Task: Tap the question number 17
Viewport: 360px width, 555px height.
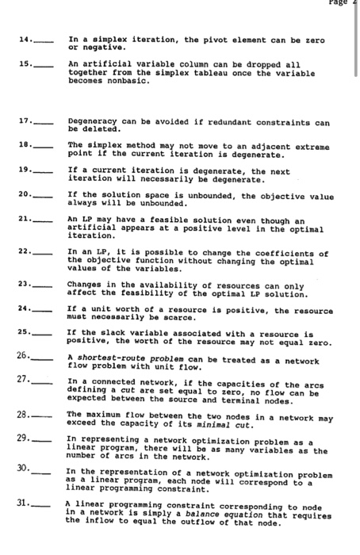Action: point(21,123)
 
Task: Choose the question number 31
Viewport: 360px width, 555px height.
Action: point(21,504)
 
